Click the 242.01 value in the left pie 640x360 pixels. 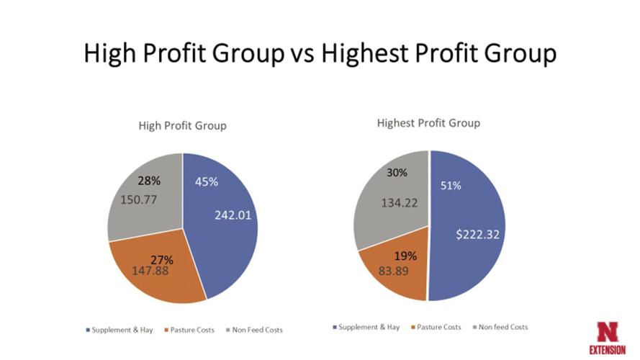pos(233,215)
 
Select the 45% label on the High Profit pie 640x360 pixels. pos(207,182)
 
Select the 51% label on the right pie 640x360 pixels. pos(451,186)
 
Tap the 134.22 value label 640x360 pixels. pos(399,203)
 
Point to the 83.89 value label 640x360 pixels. pos(395,271)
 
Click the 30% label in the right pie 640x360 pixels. pos(397,173)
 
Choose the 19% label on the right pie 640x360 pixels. pos(405,256)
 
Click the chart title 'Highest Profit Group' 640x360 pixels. pos(428,122)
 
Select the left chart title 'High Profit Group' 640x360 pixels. pos(182,125)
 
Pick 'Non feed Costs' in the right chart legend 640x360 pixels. pos(502,327)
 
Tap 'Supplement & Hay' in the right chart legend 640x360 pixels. pos(369,327)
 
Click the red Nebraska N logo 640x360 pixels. pos(607,331)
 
